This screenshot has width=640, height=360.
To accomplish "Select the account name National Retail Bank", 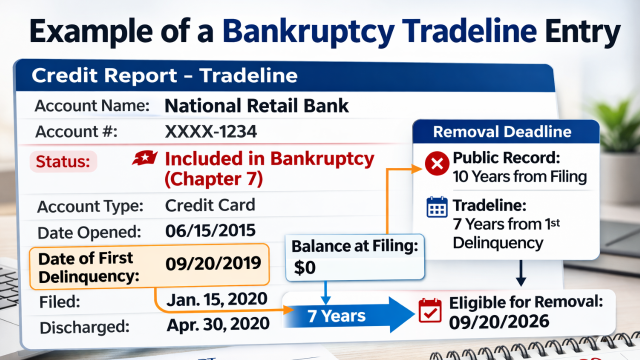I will coord(256,105).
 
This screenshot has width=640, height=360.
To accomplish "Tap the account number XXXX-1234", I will coord(211,131).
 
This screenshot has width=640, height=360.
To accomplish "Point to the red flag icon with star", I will coord(145,158).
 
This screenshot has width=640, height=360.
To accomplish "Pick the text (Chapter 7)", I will coord(213,179).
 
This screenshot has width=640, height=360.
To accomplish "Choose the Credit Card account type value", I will coord(210,205).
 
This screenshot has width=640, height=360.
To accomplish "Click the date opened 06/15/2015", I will coord(210,230).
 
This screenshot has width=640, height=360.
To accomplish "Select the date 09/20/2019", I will coord(213,263).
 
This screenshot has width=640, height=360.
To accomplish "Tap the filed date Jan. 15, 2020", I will coord(217,299).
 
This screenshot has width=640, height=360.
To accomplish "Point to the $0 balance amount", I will coord(305,268).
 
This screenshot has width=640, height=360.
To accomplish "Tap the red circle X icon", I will coord(437,163).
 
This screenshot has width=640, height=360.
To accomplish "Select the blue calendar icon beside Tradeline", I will coord(437,207).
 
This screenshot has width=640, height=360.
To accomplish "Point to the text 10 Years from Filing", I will coord(519,176).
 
